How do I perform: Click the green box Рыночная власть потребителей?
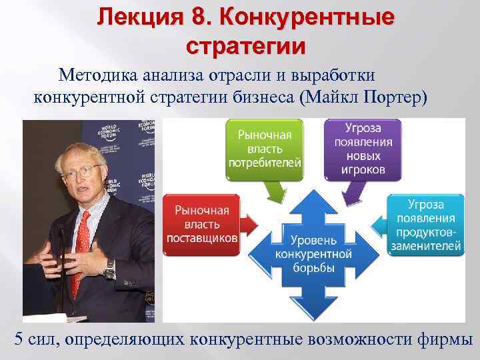click(265, 148)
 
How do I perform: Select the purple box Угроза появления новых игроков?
click(363, 148)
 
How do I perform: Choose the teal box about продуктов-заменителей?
click(425, 225)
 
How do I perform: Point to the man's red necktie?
click(81, 247)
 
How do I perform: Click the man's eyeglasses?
click(83, 170)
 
